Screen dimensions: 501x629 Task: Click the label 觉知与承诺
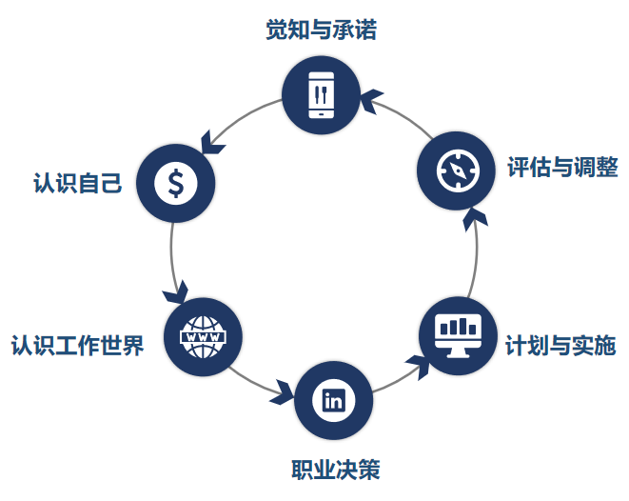point(321,30)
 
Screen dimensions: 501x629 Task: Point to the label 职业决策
point(335,470)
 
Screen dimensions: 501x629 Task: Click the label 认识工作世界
point(77,344)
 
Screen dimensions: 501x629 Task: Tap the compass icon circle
point(456,170)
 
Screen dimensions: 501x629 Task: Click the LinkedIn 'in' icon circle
point(334,400)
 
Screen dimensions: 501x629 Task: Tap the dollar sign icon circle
point(175,180)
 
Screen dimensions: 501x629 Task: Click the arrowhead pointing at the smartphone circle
point(371,97)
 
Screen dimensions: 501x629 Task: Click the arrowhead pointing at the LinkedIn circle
point(283,391)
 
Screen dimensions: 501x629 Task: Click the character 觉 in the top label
point(276,30)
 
